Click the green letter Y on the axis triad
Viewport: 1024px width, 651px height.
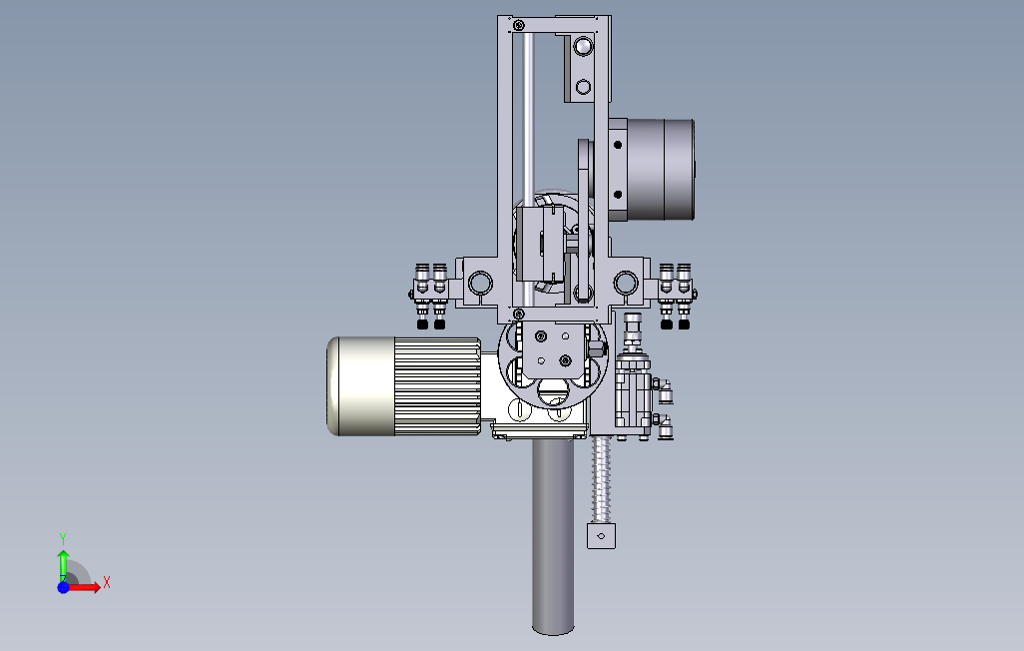point(63,538)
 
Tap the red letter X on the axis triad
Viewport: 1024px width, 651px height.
point(107,582)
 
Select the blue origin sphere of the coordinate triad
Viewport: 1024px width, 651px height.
point(63,587)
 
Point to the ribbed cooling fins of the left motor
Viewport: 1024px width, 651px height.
point(437,385)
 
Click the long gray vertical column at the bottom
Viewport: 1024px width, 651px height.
point(553,536)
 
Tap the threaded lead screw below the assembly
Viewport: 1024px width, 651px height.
point(601,479)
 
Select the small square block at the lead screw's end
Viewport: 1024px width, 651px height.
point(601,536)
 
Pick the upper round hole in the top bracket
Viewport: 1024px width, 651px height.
point(583,46)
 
